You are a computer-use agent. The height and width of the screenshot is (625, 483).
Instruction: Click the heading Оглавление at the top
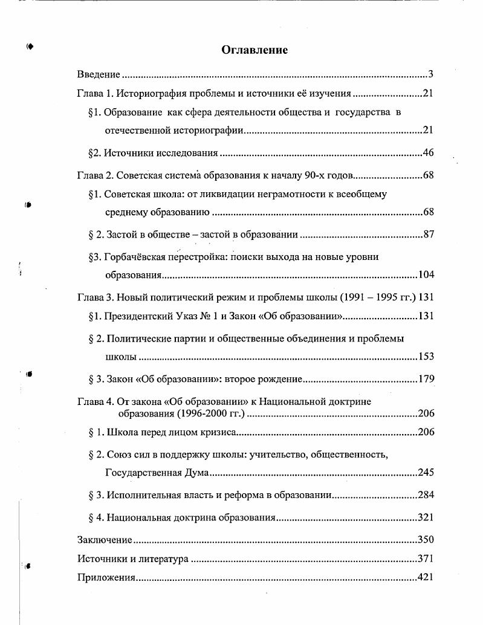[254, 50]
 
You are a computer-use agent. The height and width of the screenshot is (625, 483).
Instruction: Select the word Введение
[99, 75]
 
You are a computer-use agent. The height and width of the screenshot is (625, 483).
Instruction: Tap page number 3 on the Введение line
[431, 75]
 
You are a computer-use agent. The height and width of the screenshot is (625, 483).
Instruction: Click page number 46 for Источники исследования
[428, 153]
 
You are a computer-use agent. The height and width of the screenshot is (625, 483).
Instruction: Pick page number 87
[428, 235]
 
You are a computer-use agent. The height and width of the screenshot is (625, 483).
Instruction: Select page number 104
[426, 275]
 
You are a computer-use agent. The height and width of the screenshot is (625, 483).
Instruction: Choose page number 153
[426, 357]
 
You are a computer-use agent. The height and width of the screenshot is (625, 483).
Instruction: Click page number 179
[426, 380]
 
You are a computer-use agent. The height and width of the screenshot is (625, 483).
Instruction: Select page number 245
[426, 473]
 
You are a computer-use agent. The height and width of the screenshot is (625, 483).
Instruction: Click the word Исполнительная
[143, 495]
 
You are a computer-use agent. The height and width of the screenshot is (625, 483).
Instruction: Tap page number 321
[426, 518]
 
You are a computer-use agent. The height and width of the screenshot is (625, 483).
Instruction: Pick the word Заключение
[105, 540]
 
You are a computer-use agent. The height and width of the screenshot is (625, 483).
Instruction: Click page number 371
[426, 559]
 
